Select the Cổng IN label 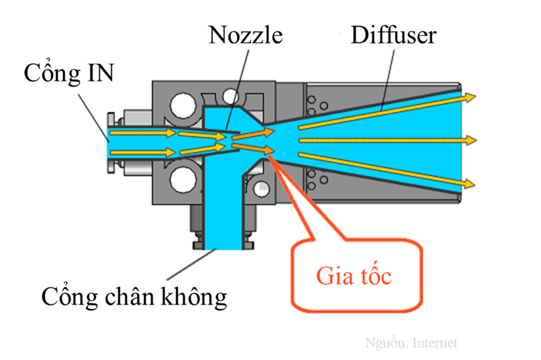[x=69, y=73]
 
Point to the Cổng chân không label [x=134, y=297]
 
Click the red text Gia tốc [x=354, y=276]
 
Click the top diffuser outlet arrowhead [x=470, y=98]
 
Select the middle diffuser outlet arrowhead [x=470, y=139]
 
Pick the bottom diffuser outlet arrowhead [x=470, y=183]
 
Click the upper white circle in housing [x=183, y=106]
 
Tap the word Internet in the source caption [x=434, y=343]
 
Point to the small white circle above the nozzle [x=231, y=98]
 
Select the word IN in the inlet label [x=100, y=73]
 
